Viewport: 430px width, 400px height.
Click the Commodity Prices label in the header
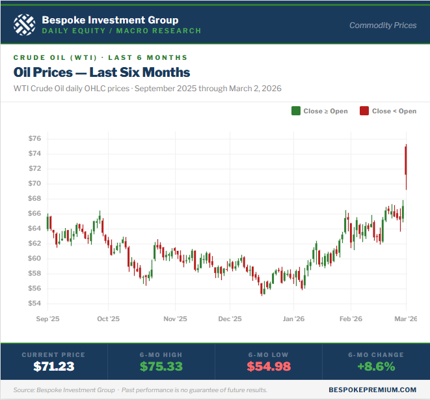tap(383, 25)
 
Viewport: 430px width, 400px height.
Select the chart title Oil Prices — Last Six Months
tap(101, 72)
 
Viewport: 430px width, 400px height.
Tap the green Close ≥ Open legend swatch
tap(296, 111)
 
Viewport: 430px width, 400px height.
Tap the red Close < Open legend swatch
tap(364, 111)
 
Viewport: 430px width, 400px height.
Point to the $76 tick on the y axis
tap(35, 139)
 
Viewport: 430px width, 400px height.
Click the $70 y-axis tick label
tap(35, 184)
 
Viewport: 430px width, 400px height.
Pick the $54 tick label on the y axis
tap(35, 304)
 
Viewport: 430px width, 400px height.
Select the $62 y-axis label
tap(35, 244)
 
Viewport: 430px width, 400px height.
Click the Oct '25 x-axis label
tap(108, 319)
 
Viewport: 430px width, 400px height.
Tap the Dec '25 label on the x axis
tap(230, 319)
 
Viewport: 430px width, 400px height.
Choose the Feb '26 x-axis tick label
tap(351, 319)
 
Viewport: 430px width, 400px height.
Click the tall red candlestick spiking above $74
tap(406, 160)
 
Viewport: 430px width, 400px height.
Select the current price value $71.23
tap(54, 366)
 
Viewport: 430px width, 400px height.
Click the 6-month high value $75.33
tap(161, 366)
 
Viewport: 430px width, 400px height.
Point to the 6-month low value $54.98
tap(269, 366)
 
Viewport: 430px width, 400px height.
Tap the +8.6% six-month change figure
tap(376, 366)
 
